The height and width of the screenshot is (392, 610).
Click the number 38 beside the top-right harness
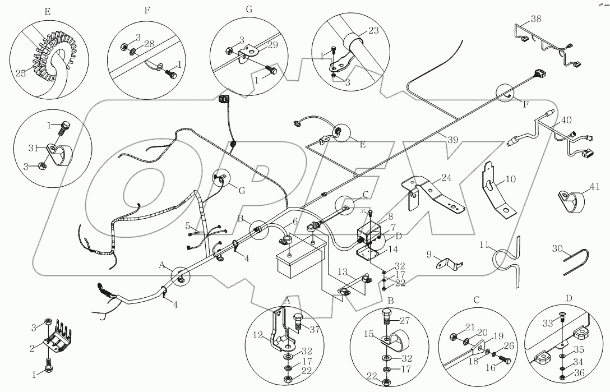pos(536,19)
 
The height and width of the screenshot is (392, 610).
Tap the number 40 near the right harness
pos(567,119)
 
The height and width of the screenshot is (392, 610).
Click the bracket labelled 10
pos(498,193)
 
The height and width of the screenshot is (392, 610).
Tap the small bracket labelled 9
pos(449,262)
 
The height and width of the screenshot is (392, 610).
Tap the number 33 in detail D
pos(547,323)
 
